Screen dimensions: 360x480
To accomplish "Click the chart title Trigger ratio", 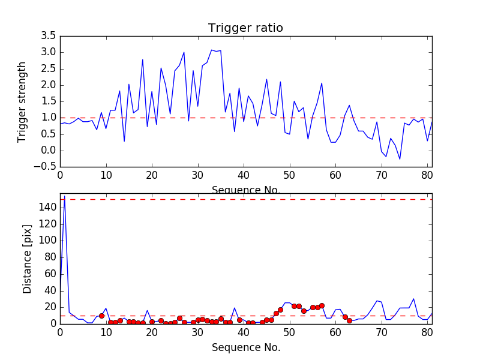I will click(245, 28).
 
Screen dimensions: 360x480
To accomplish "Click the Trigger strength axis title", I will click(22, 101).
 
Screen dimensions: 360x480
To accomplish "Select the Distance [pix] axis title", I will click(28, 258).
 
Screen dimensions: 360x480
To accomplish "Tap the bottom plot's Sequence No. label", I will click(245, 347).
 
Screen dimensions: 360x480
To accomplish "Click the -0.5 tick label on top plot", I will click(46, 167).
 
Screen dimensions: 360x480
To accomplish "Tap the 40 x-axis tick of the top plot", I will click(244, 176).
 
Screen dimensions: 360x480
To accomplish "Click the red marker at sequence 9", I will click(101, 316).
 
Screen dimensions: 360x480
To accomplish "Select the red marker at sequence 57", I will click(322, 305).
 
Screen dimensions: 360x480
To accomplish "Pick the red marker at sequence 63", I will click(349, 320).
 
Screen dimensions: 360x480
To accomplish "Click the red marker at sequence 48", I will click(280, 310).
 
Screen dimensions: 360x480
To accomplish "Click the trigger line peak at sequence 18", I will click(143, 59).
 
